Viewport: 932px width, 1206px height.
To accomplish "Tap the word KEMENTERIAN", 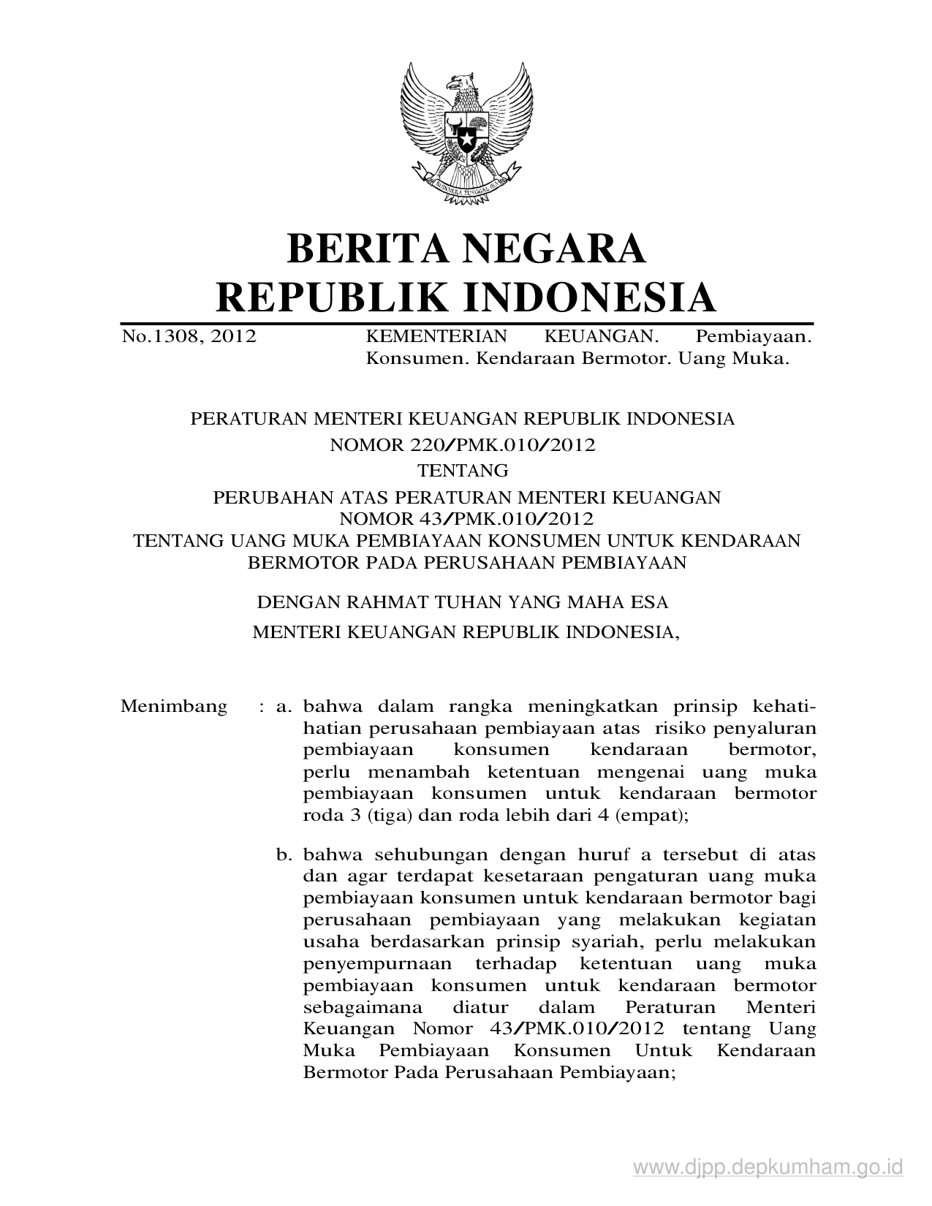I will tap(436, 336).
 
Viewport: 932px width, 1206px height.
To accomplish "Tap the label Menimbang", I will tap(173, 707).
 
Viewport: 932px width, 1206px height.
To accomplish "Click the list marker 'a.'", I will tap(284, 707).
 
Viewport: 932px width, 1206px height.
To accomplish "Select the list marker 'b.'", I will tap(284, 854).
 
